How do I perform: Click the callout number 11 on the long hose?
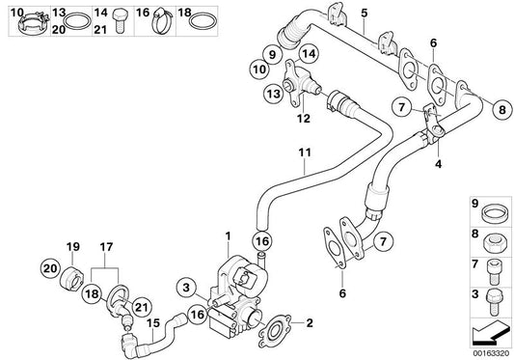pyautogui.click(x=305, y=153)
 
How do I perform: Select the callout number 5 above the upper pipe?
pyautogui.click(x=365, y=14)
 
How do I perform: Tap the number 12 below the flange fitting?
pyautogui.click(x=304, y=118)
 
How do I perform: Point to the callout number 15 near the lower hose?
pyautogui.click(x=153, y=323)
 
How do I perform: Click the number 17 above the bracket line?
pyautogui.click(x=106, y=247)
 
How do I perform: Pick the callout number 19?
pyautogui.click(x=72, y=247)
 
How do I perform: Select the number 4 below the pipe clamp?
pyautogui.click(x=438, y=163)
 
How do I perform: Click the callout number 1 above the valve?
pyautogui.click(x=228, y=236)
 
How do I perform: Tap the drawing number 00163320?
pyautogui.click(x=491, y=354)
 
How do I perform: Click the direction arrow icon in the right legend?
pyautogui.click(x=489, y=332)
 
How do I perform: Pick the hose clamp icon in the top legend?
pyautogui.click(x=161, y=20)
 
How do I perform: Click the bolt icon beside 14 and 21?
pyautogui.click(x=120, y=20)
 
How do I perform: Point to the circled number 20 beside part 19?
pyautogui.click(x=50, y=268)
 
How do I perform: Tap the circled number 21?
pyautogui.click(x=142, y=307)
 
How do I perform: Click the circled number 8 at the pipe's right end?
pyautogui.click(x=502, y=109)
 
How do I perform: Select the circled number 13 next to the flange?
pyautogui.click(x=274, y=95)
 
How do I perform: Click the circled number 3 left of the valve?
pyautogui.click(x=186, y=288)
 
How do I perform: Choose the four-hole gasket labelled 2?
pyautogui.click(x=275, y=331)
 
